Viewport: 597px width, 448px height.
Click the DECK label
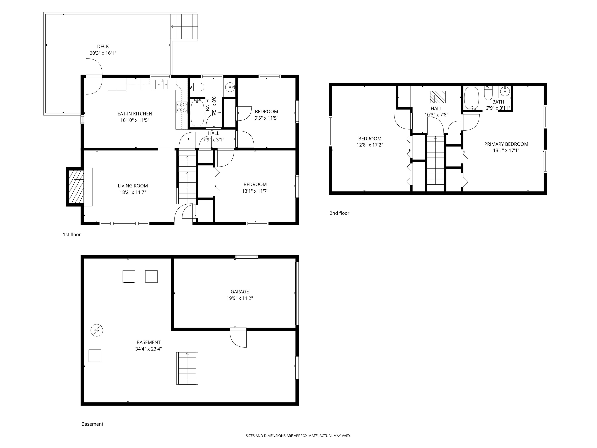[x=103, y=46]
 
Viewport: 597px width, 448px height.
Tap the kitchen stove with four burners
[x=182, y=107]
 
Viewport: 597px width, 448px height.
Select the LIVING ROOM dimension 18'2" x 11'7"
[x=133, y=192]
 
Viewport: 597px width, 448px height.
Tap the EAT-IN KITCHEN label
[x=135, y=114]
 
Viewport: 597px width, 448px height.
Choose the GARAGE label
[x=240, y=292]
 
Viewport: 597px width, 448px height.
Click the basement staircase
[x=187, y=368]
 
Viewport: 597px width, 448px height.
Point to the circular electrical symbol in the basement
[x=97, y=330]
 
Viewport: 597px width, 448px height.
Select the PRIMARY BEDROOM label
[x=506, y=144]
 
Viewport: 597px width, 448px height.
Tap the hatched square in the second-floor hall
[x=437, y=97]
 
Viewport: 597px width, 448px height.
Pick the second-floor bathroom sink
[x=504, y=92]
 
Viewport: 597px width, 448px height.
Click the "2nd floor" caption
[x=339, y=213]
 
